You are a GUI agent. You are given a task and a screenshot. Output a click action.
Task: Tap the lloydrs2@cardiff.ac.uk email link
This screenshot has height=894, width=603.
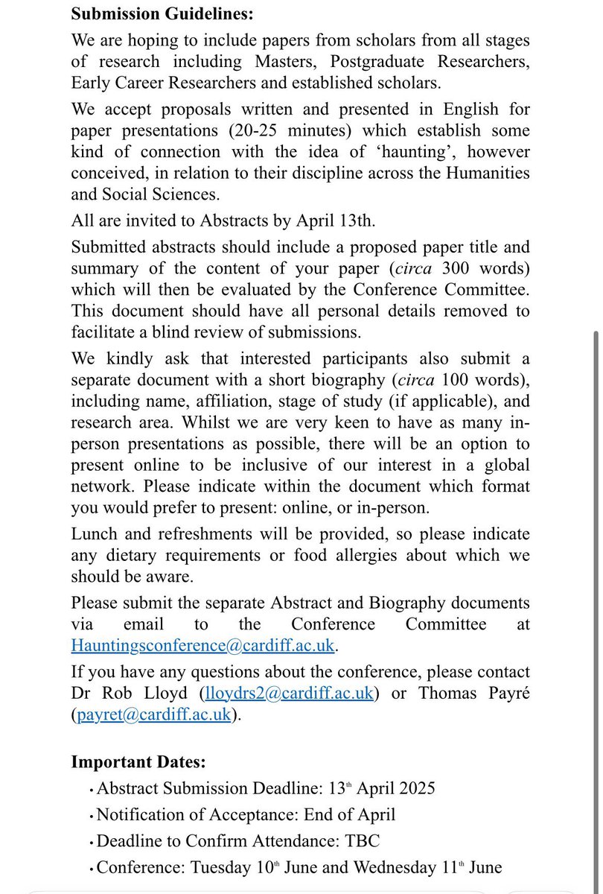point(288,693)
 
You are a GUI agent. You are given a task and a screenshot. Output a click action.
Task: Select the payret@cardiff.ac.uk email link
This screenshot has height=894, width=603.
point(156,714)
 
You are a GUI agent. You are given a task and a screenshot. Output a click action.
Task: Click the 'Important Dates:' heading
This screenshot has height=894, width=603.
point(138,762)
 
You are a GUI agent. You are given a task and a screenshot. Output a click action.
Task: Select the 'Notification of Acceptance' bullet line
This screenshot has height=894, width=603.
point(246,815)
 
